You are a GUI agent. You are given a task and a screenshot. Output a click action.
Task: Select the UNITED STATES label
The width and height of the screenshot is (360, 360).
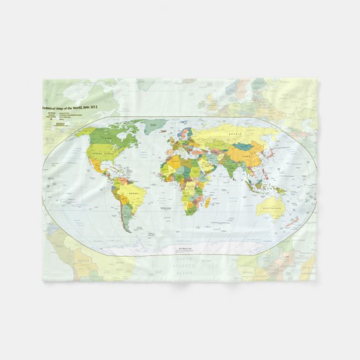click(105, 152)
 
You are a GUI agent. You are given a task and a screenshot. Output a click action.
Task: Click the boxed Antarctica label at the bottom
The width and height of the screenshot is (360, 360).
click(184, 247)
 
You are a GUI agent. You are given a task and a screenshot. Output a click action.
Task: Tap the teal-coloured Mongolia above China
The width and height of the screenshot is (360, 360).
click(243, 146)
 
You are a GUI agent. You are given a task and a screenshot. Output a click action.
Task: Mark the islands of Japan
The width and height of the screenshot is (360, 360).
click(269, 153)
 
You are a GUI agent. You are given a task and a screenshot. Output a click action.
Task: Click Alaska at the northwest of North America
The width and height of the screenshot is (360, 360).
click(80, 132)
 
